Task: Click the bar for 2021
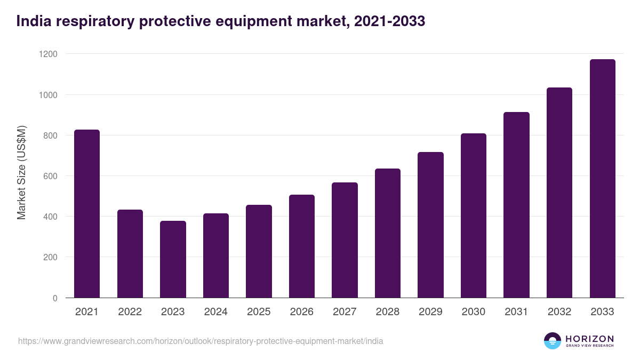pos(87,213)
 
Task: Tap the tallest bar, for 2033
pos(602,179)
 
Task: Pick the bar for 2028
pos(388,233)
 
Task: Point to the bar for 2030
pos(474,215)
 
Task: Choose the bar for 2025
pos(259,251)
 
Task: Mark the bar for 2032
pos(559,193)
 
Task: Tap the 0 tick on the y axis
pos(55,298)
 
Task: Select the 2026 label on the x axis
pos(302,312)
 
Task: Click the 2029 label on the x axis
pos(430,312)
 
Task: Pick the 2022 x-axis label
pos(130,312)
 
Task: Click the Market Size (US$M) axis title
pos(21,172)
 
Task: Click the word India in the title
pos(31,21)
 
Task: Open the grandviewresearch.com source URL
pos(201,341)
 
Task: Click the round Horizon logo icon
pos(552,341)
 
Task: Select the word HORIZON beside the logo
pos(589,339)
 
